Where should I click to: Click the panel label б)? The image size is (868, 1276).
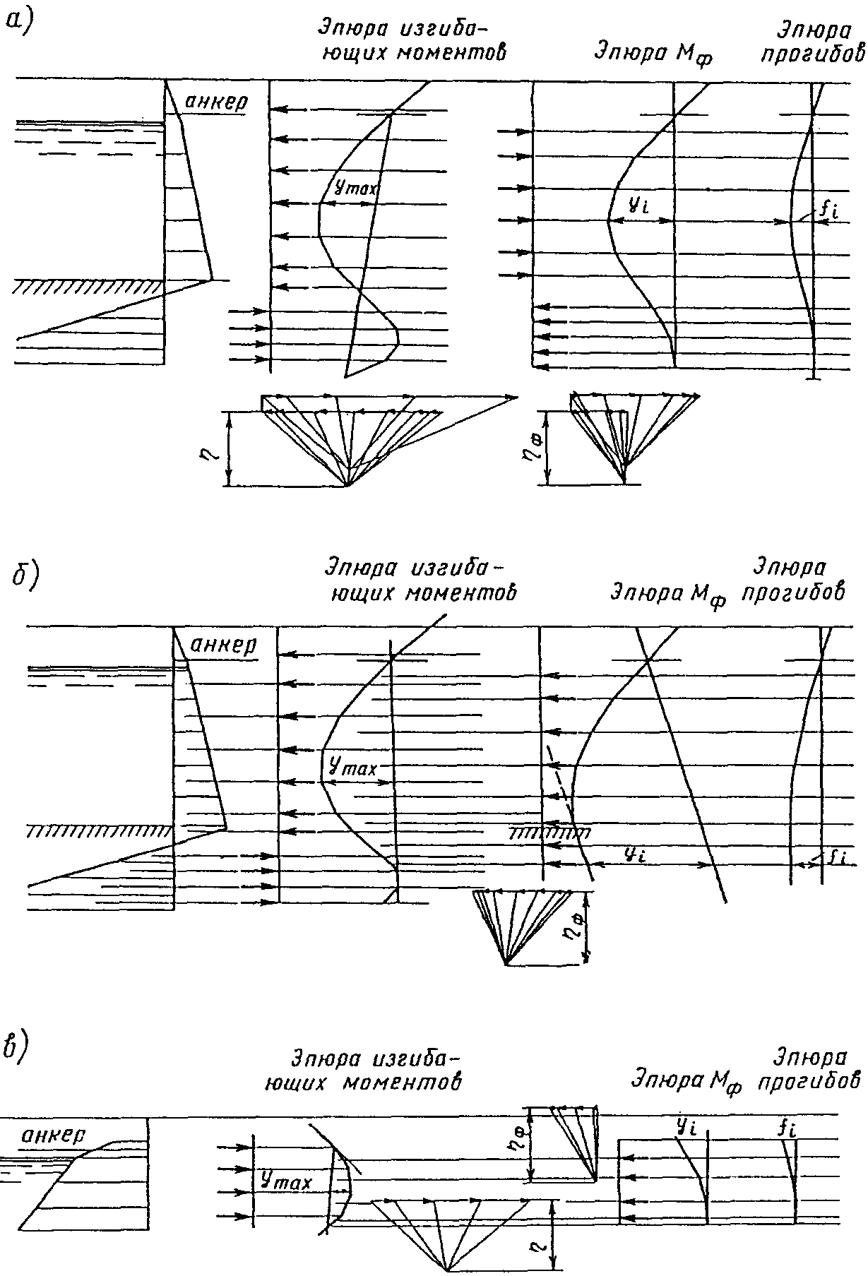(26, 576)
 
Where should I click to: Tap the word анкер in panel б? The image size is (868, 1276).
(225, 645)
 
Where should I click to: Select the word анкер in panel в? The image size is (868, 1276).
(54, 1135)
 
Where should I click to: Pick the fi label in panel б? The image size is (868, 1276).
(838, 857)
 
